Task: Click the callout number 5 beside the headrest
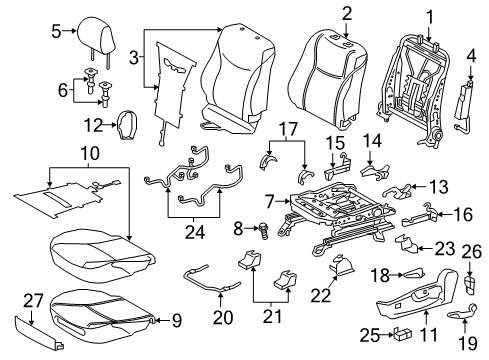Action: click(56, 32)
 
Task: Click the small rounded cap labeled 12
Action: click(128, 124)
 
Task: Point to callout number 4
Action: click(469, 69)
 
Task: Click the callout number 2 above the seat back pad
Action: click(346, 13)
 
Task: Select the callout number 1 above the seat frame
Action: click(431, 16)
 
